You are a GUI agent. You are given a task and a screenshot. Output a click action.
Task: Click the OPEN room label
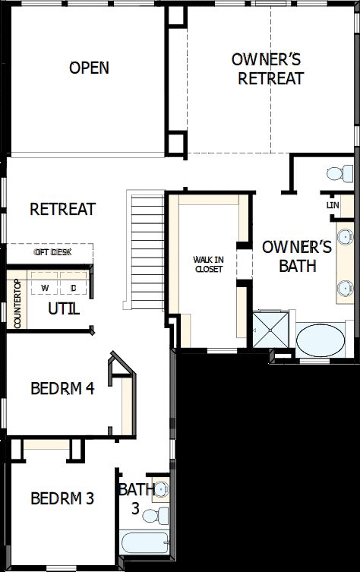coord(89,68)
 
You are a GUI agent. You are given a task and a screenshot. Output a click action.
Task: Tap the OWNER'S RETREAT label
coord(270,68)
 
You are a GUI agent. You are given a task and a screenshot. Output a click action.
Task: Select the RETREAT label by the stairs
coord(62,209)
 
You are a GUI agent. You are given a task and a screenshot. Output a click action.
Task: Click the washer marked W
coord(46,288)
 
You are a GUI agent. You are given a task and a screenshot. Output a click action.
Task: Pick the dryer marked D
coord(74,288)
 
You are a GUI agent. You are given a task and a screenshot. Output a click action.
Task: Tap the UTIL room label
coord(64,308)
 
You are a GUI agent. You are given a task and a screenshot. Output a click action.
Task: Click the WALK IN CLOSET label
coord(208,264)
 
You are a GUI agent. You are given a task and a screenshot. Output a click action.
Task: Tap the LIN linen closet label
coord(332,205)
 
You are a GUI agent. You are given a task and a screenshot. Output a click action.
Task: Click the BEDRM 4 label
coord(62,388)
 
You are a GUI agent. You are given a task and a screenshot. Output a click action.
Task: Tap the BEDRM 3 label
coord(62,498)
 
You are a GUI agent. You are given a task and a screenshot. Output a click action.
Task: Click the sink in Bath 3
coord(162,489)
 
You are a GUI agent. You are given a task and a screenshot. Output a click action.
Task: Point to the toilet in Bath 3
coord(156,517)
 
